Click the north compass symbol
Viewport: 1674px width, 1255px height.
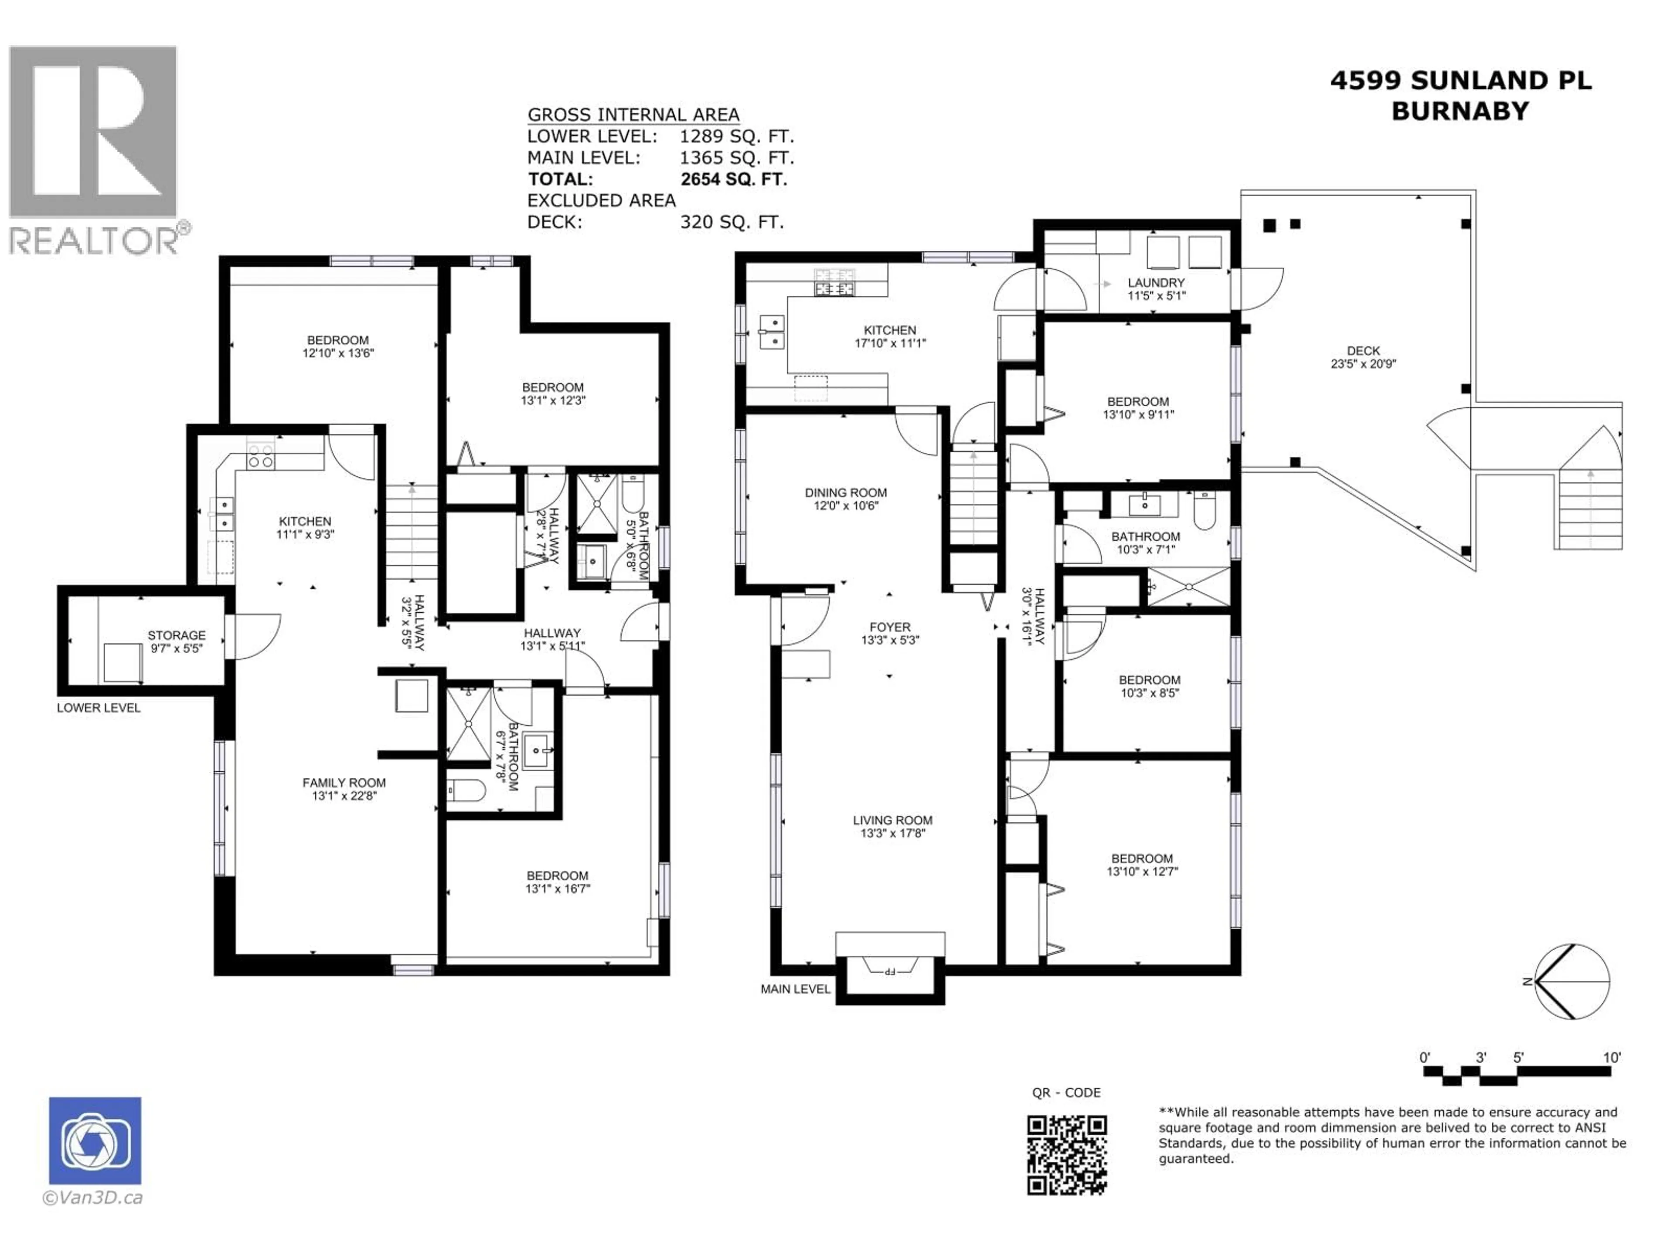1572,982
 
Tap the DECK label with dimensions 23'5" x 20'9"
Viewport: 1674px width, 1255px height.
1363,357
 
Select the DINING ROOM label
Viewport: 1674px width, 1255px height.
845,499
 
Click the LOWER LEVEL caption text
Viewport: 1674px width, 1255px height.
99,708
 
